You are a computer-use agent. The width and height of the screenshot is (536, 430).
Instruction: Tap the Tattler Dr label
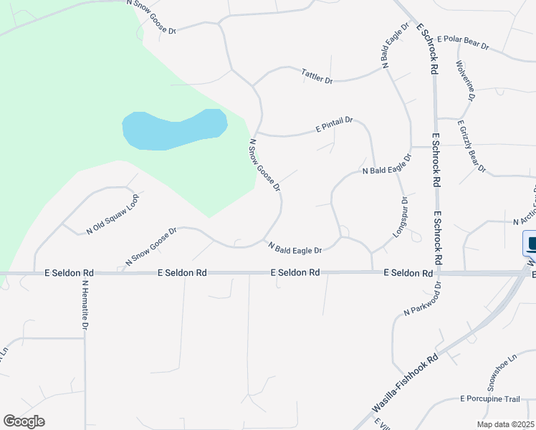point(317,76)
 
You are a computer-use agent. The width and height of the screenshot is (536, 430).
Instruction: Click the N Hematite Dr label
point(85,305)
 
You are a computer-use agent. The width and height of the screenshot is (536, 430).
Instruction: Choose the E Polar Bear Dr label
point(462,42)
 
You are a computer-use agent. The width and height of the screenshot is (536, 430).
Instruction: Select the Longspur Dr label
point(399,217)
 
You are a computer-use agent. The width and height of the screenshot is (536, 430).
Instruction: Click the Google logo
point(24,421)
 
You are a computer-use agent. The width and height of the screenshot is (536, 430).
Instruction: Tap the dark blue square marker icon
point(531,244)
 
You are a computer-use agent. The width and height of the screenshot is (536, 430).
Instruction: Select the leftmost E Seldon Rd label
point(69,273)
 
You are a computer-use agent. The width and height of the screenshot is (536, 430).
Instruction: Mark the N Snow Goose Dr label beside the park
point(264,166)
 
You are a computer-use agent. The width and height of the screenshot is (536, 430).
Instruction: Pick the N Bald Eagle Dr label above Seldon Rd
point(295,247)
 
